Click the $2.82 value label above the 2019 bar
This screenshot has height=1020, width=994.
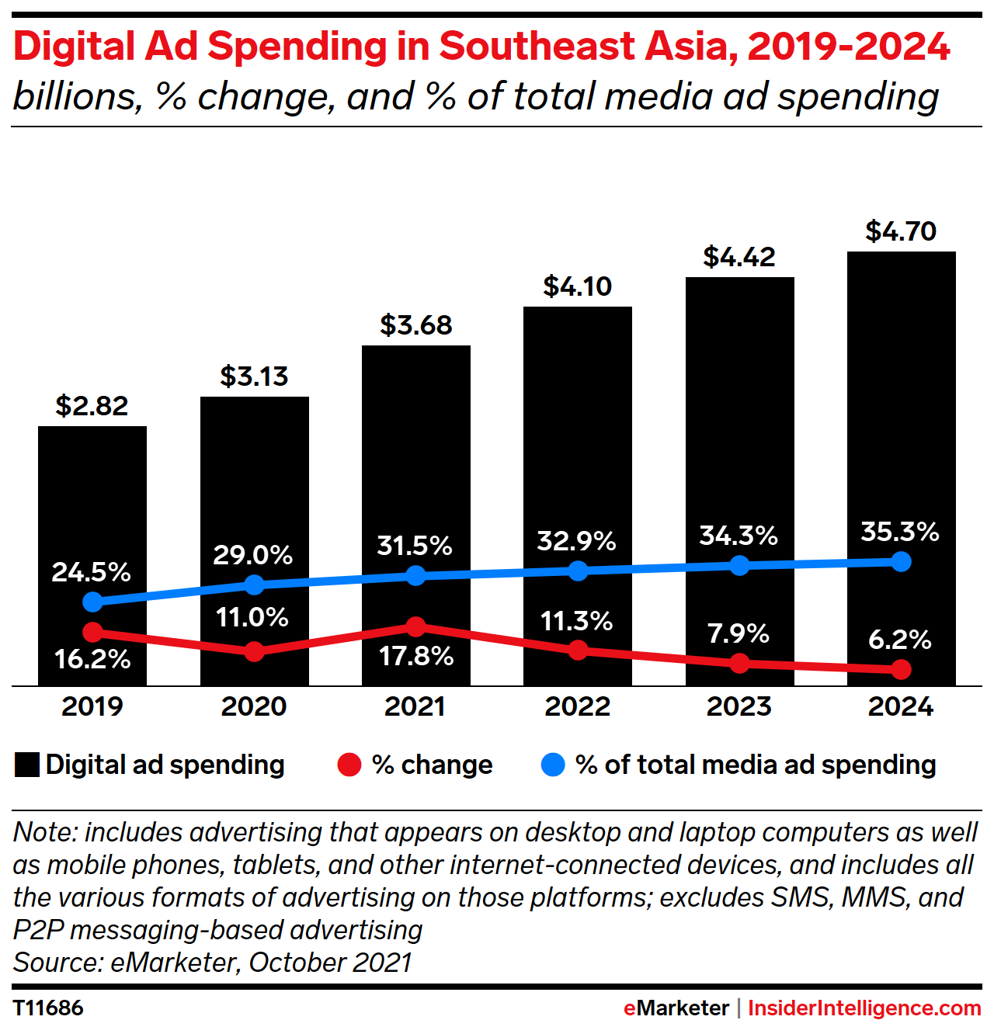pos(92,406)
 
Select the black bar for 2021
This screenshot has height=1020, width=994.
pos(415,466)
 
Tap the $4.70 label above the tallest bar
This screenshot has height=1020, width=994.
pos(901,231)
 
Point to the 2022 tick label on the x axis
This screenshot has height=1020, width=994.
pos(577,706)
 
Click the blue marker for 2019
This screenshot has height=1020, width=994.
pos(92,602)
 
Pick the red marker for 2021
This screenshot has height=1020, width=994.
pos(415,626)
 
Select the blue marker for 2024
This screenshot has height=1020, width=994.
pos(901,561)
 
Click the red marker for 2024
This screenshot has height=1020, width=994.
pos(901,668)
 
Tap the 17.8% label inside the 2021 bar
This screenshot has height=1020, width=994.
pos(415,657)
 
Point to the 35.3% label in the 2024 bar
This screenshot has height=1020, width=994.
pos(900,532)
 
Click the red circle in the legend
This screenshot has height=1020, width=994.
pos(349,765)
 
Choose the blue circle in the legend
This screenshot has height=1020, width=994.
pos(552,765)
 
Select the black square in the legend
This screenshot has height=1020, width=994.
pos(27,765)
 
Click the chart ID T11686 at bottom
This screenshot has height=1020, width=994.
pos(48,1008)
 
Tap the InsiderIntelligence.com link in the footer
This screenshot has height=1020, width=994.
pos(864,1008)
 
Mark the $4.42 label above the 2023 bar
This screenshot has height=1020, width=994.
pos(739,257)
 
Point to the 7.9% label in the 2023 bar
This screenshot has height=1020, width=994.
pos(738,633)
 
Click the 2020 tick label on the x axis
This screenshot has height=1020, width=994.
pos(254,706)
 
